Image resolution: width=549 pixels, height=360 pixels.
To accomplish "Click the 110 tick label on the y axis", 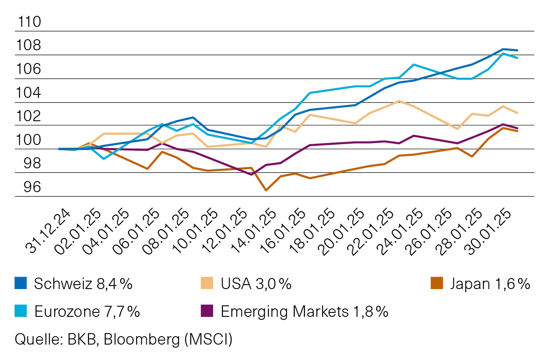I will coord(28,22).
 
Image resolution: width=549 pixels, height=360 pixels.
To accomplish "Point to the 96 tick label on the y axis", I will coord(28,187).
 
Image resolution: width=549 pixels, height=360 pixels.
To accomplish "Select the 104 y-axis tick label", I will coord(28,93).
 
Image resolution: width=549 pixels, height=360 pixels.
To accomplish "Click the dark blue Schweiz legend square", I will coord(21,284).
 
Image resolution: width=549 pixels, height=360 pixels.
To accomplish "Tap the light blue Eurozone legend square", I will coord(21,312).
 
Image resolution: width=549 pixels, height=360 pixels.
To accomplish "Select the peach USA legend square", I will coord(206,284).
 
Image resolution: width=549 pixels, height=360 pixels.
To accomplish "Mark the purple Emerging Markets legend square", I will coord(206,312).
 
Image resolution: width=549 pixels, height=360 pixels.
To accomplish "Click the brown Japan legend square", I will coord(436,284).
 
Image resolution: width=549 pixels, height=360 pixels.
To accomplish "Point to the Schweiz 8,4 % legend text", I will coord(83,284).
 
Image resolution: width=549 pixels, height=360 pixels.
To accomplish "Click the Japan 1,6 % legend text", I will coord(490,284).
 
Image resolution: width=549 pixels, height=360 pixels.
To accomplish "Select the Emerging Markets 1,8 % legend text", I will coord(304,312).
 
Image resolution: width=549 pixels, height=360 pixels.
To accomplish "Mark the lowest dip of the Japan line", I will coord(266,190).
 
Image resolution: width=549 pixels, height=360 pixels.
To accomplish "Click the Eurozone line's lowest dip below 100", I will coord(104,158).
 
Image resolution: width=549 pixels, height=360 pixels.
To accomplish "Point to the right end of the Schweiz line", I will coord(517,50).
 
